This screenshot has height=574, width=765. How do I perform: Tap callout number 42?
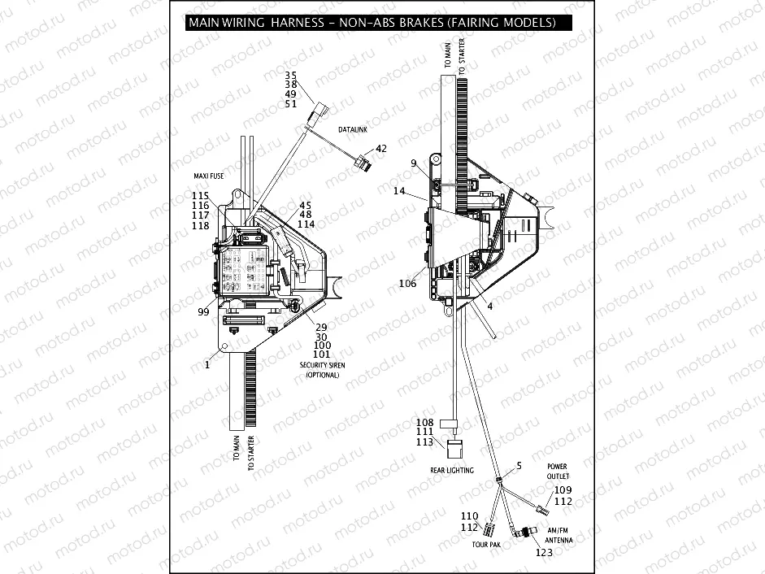(x=381, y=149)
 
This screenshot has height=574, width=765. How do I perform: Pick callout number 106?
(x=407, y=284)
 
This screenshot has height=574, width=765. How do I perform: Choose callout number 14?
(x=398, y=191)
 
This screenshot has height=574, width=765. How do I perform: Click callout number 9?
(x=414, y=163)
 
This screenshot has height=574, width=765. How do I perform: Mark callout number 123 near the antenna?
(x=544, y=554)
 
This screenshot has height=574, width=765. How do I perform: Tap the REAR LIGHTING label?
(x=452, y=470)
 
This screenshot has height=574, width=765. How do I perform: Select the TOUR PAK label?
(x=487, y=544)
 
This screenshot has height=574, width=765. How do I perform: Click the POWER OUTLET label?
(x=558, y=472)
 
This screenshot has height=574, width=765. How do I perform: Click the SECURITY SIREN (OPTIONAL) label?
(x=323, y=370)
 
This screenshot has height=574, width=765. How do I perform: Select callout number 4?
(x=489, y=306)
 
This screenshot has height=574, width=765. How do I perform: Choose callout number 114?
(x=306, y=224)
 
